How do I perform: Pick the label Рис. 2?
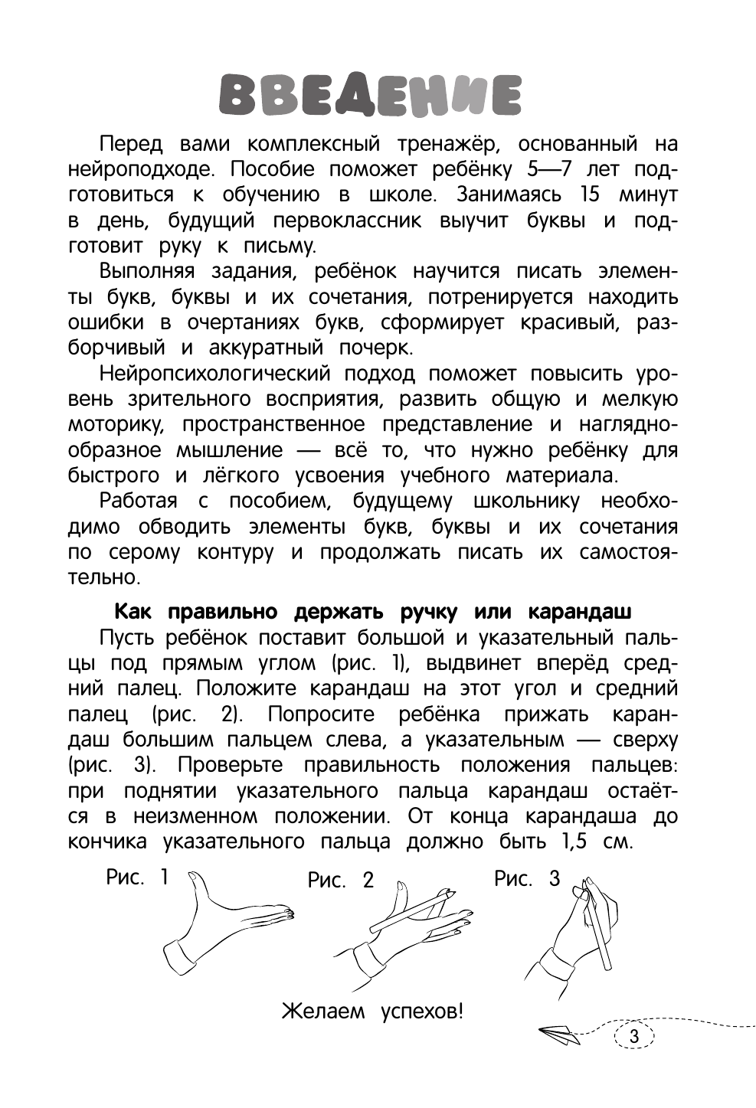pos(341,880)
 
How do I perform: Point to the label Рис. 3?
pos(527,878)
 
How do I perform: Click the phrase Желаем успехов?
pos(373,1012)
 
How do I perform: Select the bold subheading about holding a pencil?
pos(372,612)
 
